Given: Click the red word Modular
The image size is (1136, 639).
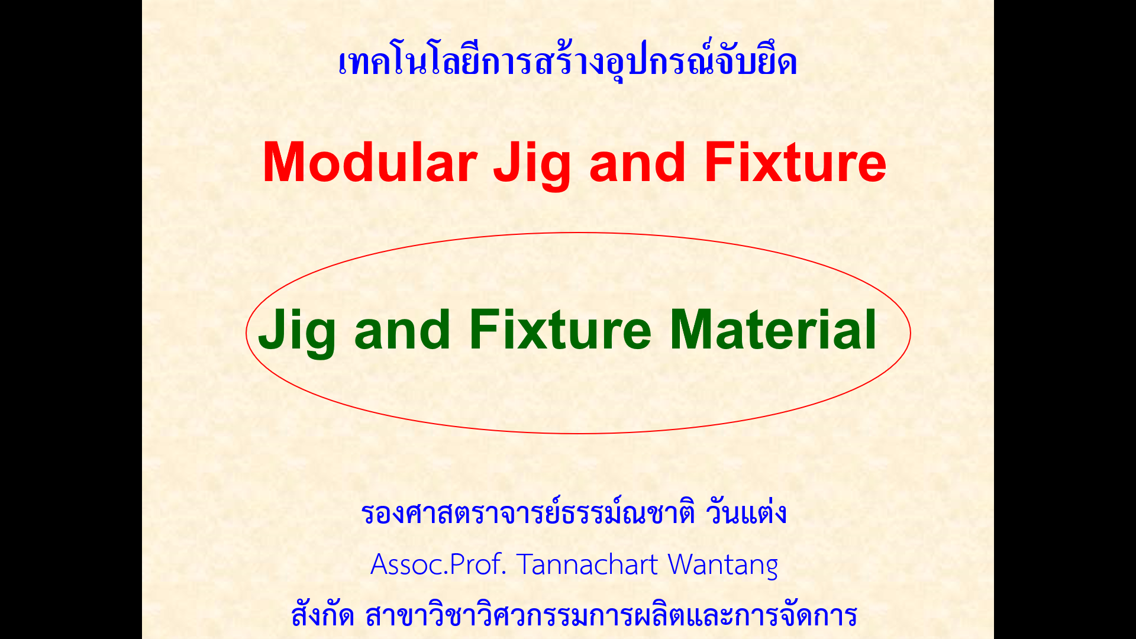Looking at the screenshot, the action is (370, 162).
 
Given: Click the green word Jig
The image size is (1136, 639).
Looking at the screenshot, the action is (296, 333).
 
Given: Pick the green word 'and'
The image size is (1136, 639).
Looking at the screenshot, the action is (402, 330).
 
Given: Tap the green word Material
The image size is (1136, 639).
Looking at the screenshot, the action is (773, 330).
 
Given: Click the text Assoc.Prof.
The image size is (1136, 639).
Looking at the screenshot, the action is (438, 564).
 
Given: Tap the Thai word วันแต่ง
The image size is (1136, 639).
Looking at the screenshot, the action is (746, 512).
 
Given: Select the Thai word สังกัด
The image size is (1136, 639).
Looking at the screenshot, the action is (322, 614).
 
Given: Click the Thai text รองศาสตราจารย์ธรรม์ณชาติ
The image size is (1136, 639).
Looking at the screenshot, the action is (528, 512).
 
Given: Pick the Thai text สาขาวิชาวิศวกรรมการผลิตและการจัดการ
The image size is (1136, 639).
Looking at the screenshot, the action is (611, 615).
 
